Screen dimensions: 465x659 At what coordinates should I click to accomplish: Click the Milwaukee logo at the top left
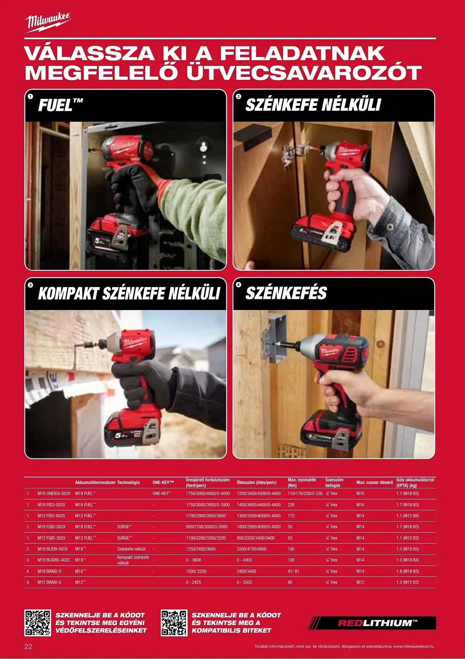coord(48,23)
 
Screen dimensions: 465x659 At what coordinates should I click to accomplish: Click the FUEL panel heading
coord(61,105)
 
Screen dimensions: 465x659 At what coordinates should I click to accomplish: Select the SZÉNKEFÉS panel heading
coord(286,293)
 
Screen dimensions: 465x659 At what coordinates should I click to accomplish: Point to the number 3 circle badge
coord(31,285)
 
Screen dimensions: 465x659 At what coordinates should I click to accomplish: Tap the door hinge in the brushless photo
coord(293,153)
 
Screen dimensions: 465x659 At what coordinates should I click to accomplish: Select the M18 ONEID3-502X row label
coord(54,493)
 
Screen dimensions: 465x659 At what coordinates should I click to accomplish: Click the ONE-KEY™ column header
coord(163,482)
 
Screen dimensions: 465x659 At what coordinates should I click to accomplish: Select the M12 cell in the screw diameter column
coord(360,582)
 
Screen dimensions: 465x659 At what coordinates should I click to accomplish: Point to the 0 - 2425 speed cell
coord(194,582)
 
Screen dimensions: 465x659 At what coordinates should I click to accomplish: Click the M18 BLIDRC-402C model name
coord(54,560)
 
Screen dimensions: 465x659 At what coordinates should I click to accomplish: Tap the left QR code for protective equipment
coord(38,623)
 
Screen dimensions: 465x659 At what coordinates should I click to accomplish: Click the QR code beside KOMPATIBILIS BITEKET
coord(174,623)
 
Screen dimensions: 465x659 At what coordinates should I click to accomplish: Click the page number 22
coord(29,646)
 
